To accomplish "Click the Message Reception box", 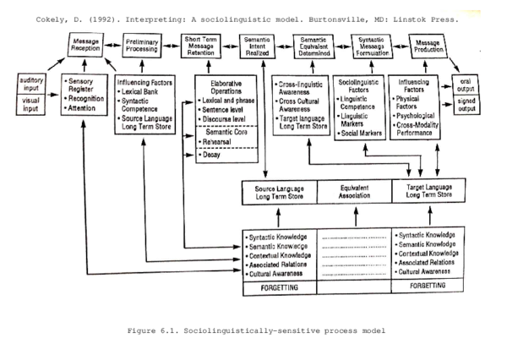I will (x=86, y=46).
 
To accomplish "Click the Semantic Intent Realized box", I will (x=256, y=46).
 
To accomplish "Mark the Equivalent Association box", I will (x=354, y=192).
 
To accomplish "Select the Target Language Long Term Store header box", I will (x=430, y=192).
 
